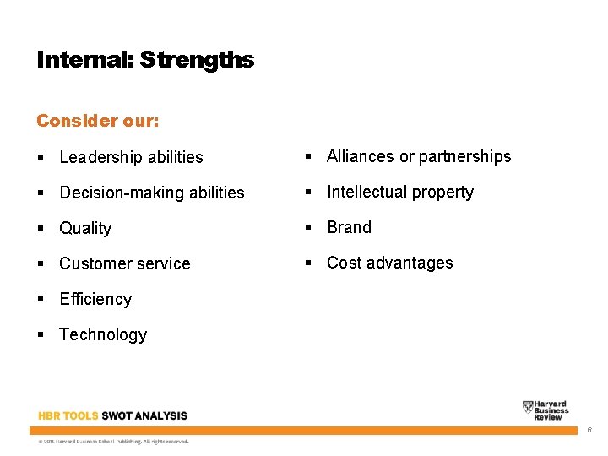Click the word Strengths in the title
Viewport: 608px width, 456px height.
click(x=197, y=60)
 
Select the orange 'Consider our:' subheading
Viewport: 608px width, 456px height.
click(x=97, y=121)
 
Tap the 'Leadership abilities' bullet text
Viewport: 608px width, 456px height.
click(x=131, y=157)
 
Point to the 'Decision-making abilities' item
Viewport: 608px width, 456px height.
click(x=151, y=193)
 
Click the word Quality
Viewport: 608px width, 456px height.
click(x=85, y=228)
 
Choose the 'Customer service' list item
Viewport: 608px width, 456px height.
click(x=124, y=263)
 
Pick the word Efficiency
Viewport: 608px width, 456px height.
click(x=95, y=299)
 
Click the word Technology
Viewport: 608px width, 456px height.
click(x=103, y=334)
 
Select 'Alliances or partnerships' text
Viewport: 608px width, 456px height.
click(x=419, y=156)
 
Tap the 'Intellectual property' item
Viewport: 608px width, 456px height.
click(x=400, y=192)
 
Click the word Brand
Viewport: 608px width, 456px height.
click(x=349, y=227)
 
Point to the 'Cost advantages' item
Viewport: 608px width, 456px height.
click(x=389, y=263)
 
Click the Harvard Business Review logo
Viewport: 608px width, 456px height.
click(x=546, y=410)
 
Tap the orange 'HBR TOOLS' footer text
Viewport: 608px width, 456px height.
click(x=68, y=415)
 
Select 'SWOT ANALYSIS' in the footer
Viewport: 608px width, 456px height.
click(x=144, y=415)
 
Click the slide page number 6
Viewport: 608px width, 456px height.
click(x=589, y=431)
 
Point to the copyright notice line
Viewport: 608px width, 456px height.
click(x=113, y=441)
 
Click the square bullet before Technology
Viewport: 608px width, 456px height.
click(x=41, y=335)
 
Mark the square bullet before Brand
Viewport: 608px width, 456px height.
click(x=309, y=228)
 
